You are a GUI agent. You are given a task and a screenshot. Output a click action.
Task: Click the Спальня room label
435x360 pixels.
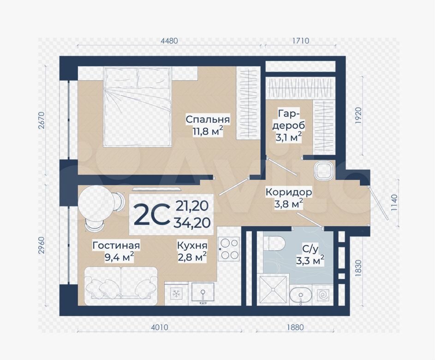point(208,120)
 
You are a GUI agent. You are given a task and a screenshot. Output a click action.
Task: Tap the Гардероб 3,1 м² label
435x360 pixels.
point(289,126)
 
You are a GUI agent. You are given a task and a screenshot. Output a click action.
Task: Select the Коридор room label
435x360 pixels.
point(288,192)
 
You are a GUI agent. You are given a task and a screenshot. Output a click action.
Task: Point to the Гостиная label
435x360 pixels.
point(116,246)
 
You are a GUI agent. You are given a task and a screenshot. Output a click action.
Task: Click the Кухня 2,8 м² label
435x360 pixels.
point(192,252)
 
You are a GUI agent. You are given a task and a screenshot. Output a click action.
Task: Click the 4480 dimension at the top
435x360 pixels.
point(169,41)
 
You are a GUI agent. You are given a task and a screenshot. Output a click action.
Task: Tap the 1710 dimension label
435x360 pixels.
point(301,41)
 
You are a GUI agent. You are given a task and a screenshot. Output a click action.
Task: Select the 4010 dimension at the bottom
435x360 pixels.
point(160,327)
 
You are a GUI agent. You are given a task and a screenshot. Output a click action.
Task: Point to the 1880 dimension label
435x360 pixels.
point(295,327)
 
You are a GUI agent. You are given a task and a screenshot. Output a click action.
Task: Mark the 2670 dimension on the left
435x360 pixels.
point(41,120)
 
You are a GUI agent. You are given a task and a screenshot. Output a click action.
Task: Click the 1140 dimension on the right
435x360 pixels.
point(394,203)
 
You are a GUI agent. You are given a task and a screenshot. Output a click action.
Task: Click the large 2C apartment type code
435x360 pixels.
point(151,214)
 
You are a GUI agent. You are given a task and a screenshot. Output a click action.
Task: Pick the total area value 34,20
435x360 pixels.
point(192,222)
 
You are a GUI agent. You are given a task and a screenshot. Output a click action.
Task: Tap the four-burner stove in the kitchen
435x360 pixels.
point(228,248)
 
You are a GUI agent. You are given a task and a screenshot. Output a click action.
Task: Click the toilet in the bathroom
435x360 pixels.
point(274,244)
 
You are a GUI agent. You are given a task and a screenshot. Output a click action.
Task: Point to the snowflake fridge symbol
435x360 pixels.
point(175,294)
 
